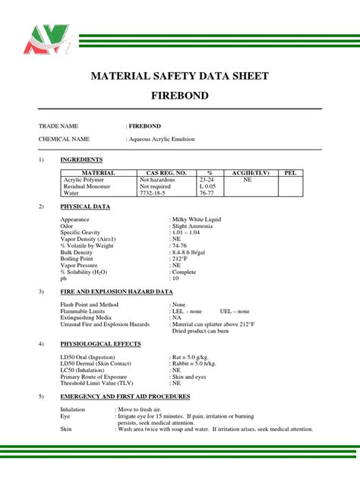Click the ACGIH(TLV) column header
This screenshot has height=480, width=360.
[247, 173]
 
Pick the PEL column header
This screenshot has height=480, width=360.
[289, 173]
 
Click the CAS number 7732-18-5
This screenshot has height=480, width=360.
[162, 193]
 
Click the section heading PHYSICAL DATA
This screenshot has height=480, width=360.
[85, 207]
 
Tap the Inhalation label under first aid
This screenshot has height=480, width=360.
[73, 409]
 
